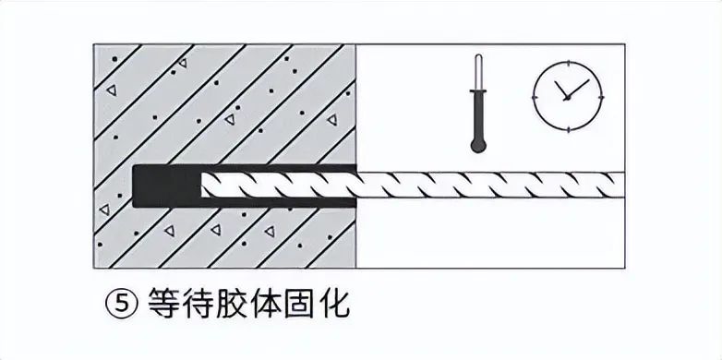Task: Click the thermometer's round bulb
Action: (x=476, y=143)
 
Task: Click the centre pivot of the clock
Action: (x=565, y=96)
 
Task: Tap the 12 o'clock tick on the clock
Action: (x=565, y=65)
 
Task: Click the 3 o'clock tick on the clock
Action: (x=597, y=96)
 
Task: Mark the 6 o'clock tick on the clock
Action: (x=565, y=127)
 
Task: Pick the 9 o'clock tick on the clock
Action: (x=534, y=96)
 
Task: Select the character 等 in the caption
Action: (x=162, y=306)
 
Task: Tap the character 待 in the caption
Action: (x=202, y=306)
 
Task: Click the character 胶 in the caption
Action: (x=242, y=306)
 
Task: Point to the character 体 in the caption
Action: (x=281, y=306)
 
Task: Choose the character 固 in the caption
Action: (x=319, y=306)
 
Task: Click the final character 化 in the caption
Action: (x=358, y=306)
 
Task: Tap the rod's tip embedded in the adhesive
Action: (x=211, y=186)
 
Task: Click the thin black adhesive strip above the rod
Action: (x=277, y=168)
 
